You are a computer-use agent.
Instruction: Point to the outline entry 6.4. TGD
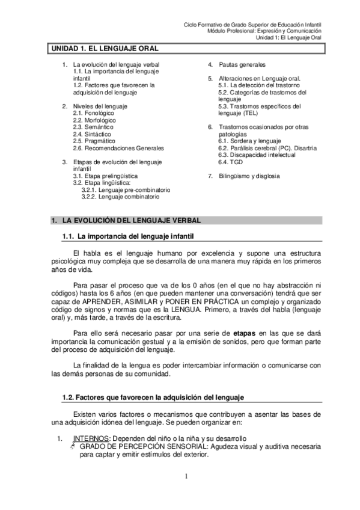click(x=231, y=162)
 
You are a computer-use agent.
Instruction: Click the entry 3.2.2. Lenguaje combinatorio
click(x=122, y=197)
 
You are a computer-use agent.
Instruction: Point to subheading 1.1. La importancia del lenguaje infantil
click(x=127, y=235)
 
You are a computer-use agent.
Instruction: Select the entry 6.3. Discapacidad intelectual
click(x=257, y=155)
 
